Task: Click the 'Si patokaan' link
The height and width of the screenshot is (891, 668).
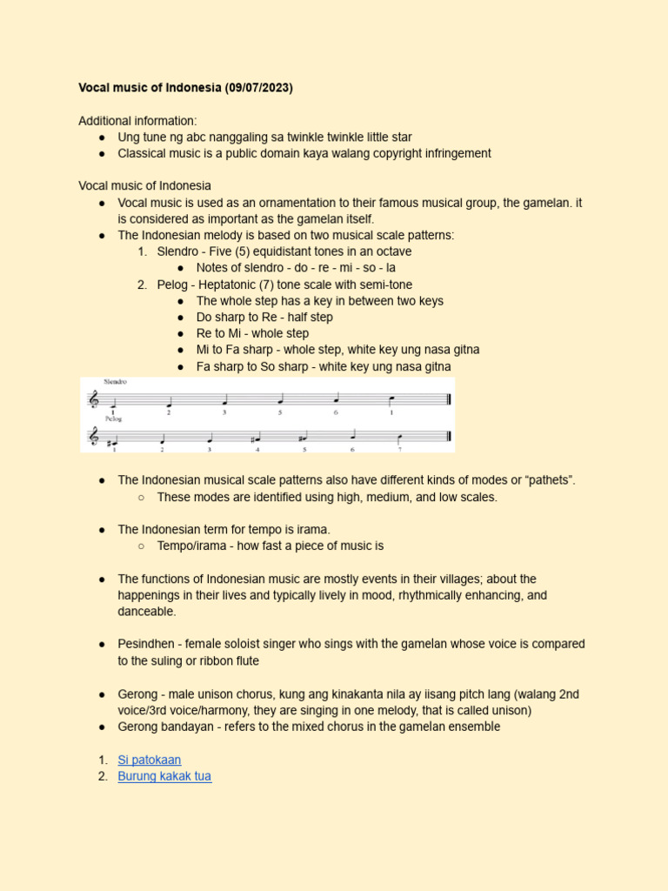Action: (x=149, y=760)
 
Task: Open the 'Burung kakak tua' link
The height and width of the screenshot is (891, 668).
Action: (x=164, y=776)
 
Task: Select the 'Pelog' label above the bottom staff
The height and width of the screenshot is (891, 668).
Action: (x=114, y=419)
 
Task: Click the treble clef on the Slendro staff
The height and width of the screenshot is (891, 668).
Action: (x=94, y=399)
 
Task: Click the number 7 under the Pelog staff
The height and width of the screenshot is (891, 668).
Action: (x=399, y=449)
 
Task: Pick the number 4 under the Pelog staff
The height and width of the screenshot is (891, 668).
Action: (x=257, y=449)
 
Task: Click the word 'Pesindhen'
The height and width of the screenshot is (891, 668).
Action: (x=147, y=644)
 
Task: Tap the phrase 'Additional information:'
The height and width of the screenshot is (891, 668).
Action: (x=137, y=121)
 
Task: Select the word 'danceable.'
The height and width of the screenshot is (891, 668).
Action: (x=147, y=612)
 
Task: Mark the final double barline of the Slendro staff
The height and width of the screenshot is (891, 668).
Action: (x=447, y=400)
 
